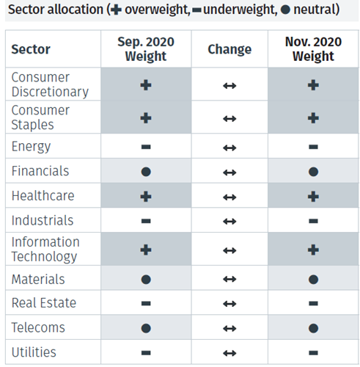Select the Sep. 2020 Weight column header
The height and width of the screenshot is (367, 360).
[x=146, y=49]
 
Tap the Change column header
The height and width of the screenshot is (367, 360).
[x=229, y=49]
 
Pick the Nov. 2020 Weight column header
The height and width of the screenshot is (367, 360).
[x=313, y=49]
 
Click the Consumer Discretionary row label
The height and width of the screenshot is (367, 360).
[x=50, y=84]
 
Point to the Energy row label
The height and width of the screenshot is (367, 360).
[x=31, y=146]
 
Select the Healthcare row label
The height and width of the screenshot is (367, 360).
[x=43, y=196]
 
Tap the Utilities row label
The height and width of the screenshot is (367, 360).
[x=34, y=352]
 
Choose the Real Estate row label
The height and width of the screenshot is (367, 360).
[x=43, y=302]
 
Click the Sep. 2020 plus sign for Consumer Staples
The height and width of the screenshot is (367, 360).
[x=146, y=117]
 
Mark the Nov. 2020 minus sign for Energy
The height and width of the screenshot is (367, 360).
[x=313, y=147]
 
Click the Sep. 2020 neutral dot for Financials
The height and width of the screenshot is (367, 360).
[x=146, y=172]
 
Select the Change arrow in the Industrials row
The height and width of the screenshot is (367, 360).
[x=229, y=221]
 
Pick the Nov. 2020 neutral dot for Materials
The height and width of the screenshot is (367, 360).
[x=313, y=280]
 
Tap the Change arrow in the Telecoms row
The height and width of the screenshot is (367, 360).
[x=229, y=328]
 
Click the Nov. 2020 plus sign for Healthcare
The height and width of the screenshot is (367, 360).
[x=313, y=196]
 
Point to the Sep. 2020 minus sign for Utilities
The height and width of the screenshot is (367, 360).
[x=146, y=352]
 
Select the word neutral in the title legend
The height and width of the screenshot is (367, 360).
[x=314, y=10]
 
